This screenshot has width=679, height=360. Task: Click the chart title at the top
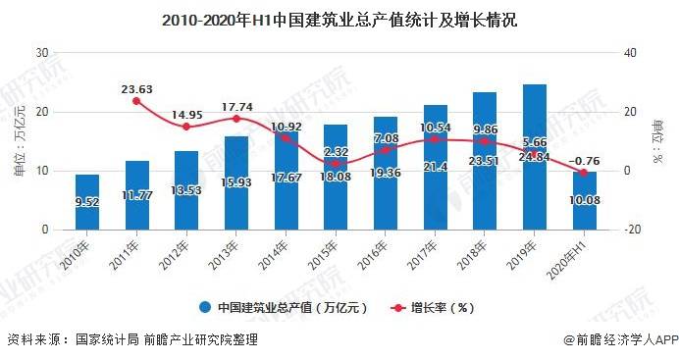(339, 19)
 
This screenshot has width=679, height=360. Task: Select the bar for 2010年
(87, 202)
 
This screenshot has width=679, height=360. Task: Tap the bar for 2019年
(534, 157)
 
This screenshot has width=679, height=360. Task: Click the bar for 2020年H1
(585, 201)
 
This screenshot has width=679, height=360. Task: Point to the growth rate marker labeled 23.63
(136, 101)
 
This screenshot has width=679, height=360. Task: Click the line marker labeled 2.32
(336, 164)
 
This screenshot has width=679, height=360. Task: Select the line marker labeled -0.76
(585, 173)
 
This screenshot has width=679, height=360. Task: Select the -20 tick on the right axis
(632, 230)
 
